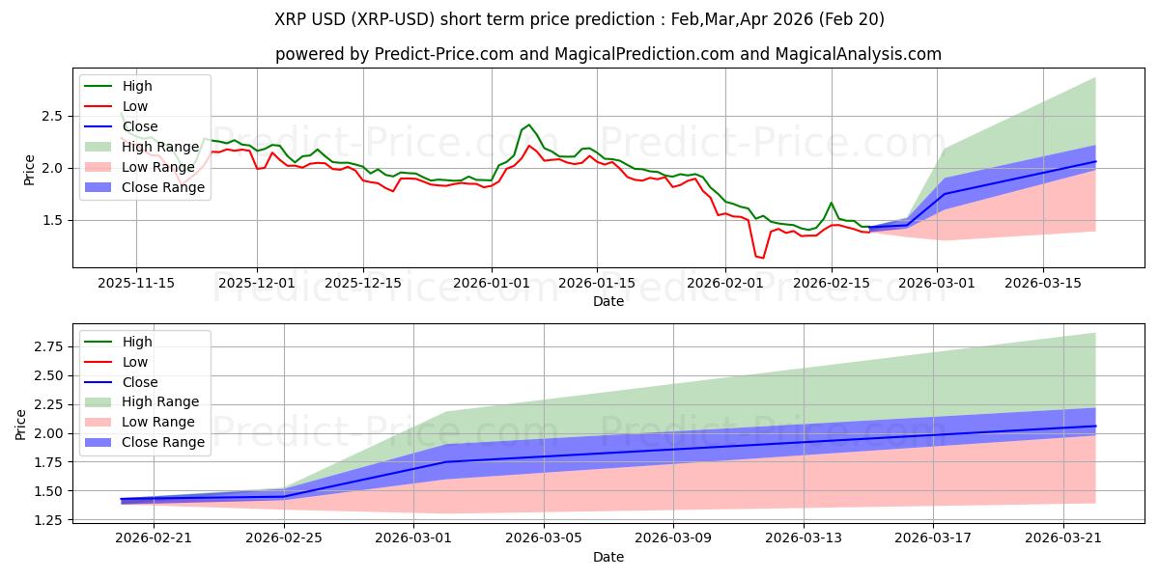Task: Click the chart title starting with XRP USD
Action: tap(579, 19)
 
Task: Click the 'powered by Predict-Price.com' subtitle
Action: tap(608, 54)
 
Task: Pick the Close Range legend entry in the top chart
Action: tap(163, 187)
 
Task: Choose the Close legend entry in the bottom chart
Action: tap(140, 382)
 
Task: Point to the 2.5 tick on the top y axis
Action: tap(52, 116)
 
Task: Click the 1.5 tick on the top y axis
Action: tap(52, 220)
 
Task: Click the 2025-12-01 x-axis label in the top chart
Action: tap(257, 283)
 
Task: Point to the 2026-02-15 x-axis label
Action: tap(833, 283)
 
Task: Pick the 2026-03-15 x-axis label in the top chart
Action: tap(1043, 283)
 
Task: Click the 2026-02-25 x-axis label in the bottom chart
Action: tap(284, 538)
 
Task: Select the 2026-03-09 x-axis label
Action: tap(674, 538)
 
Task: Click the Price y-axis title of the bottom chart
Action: tap(21, 424)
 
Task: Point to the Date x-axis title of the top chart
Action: tap(608, 301)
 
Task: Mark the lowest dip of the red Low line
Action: tap(762, 258)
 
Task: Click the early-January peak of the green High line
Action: tap(528, 124)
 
